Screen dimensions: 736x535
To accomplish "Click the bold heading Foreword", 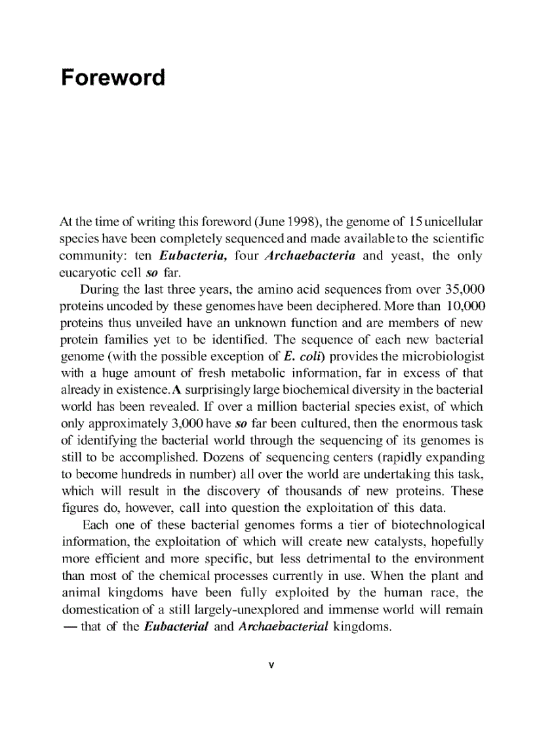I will (x=113, y=78).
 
